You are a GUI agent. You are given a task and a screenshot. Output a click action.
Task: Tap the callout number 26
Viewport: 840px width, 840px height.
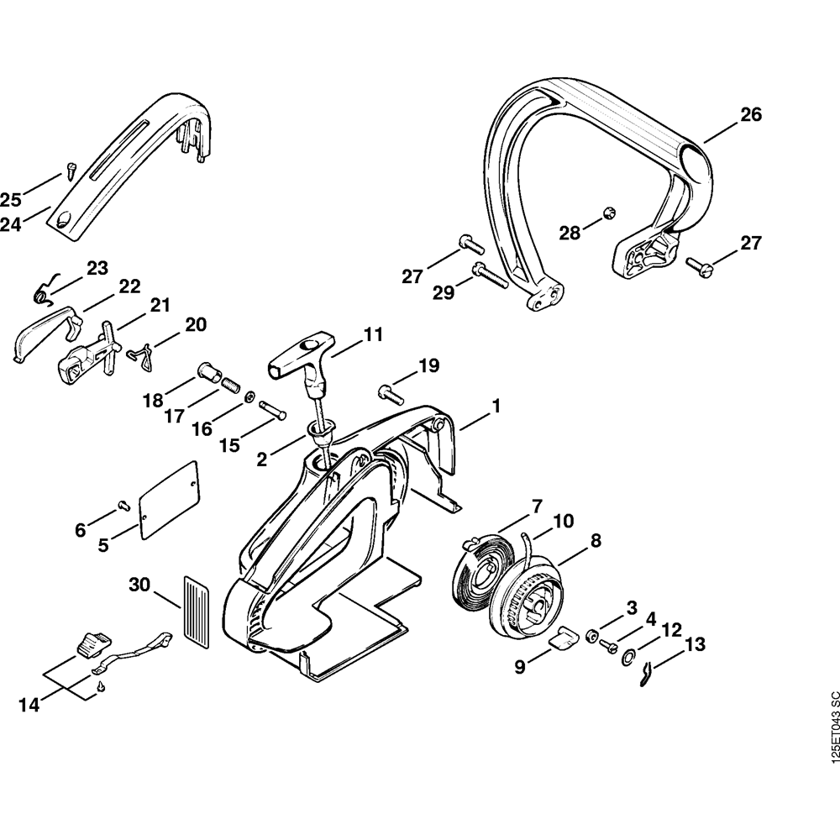tap(750, 115)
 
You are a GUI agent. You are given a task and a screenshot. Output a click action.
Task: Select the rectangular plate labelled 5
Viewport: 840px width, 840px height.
tap(169, 499)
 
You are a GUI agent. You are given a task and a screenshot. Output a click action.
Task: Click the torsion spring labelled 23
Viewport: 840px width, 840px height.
tap(45, 288)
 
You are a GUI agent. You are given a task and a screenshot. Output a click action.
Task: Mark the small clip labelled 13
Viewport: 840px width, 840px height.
tap(644, 670)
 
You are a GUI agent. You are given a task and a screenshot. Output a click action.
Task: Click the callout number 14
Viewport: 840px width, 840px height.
tap(30, 705)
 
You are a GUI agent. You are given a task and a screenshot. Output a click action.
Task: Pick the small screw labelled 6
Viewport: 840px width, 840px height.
tap(122, 505)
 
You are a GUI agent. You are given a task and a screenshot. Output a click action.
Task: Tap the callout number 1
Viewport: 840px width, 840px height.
tap(496, 406)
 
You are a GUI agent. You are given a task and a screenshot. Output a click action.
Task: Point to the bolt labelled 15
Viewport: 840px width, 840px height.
tap(273, 412)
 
